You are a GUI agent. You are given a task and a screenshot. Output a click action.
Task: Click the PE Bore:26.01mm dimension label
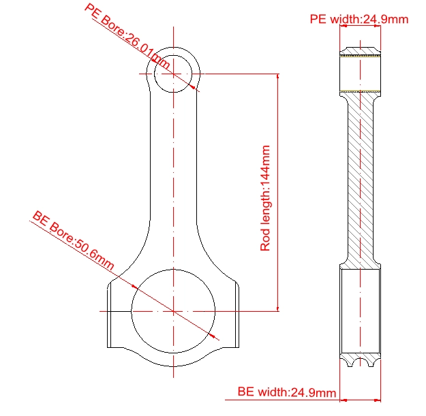pos(127,36)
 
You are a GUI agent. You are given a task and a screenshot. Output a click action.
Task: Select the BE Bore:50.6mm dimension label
pos(73,240)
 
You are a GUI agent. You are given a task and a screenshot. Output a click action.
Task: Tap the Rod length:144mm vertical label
pos(265,198)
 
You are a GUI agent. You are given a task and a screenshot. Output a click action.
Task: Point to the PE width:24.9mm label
pos(359,19)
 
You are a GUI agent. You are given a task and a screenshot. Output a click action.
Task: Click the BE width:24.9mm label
pos(287,392)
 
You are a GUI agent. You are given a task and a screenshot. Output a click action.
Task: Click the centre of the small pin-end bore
pos(173,74)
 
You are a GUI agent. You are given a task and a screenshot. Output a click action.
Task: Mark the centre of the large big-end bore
pos(173,311)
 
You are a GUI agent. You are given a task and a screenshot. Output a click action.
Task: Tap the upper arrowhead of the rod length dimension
pos(277,76)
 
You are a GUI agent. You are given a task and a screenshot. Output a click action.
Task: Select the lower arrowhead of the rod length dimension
pos(277,308)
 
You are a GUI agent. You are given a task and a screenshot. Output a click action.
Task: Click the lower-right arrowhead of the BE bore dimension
pos(213,336)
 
